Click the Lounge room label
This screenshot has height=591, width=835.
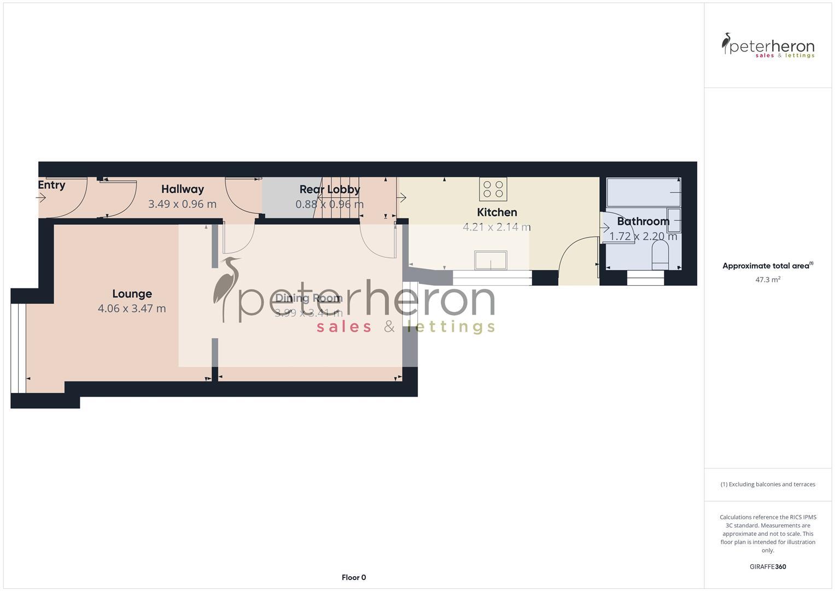(x=132, y=294)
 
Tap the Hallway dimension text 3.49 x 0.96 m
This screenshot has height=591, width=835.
(x=182, y=204)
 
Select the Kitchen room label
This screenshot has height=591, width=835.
(x=497, y=212)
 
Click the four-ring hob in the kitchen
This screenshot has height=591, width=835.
(x=493, y=189)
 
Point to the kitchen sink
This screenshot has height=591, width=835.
(x=491, y=260)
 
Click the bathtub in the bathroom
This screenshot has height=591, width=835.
(x=643, y=192)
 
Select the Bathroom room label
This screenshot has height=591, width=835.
(x=643, y=221)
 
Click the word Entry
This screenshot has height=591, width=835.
(x=51, y=185)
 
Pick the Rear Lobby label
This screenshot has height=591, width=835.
(x=329, y=189)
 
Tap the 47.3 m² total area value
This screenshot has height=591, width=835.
(x=768, y=279)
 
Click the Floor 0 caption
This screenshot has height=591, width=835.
(x=354, y=577)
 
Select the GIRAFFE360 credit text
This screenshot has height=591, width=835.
(x=768, y=567)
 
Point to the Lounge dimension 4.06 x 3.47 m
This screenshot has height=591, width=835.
(x=132, y=309)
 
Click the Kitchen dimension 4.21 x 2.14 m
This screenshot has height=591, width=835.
(x=497, y=227)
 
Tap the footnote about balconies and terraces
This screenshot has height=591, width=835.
(x=768, y=484)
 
